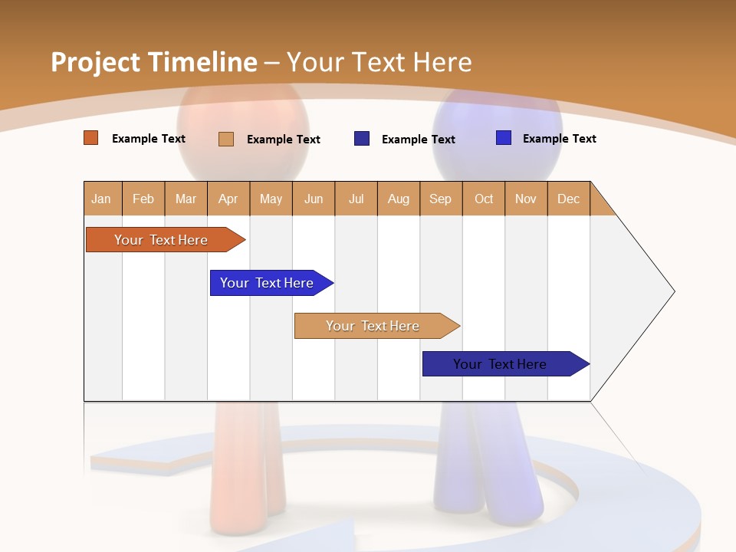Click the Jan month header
point(102,199)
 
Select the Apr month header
point(228,199)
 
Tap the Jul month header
point(356,199)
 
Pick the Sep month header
point(441,199)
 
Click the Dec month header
point(569,199)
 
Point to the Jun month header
point(314,199)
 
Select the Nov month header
point(526,199)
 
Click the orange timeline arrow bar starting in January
point(161,240)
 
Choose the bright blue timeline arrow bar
point(268,283)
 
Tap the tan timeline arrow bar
point(373,326)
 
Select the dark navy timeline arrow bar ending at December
point(501,364)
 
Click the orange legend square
point(91,138)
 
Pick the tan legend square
point(226,139)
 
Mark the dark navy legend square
point(362,139)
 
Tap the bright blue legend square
point(504,138)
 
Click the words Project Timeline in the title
point(153,62)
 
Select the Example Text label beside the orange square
point(149,139)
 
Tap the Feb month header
point(143,199)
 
